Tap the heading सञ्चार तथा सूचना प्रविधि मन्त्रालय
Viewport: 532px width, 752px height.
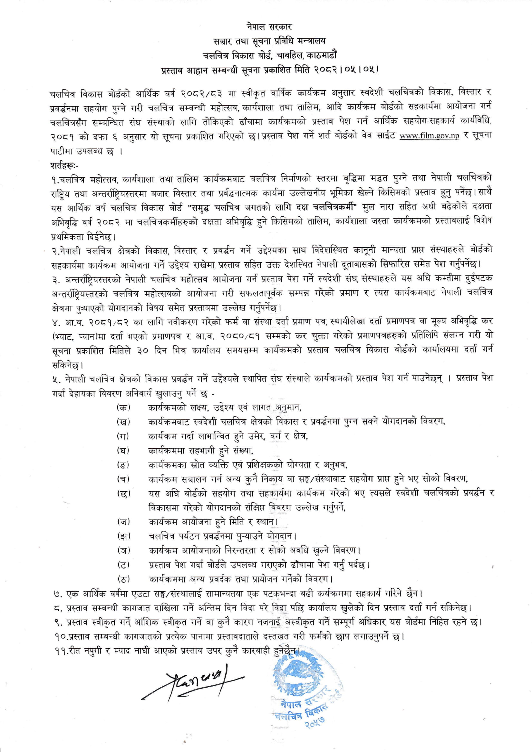(x=266, y=41)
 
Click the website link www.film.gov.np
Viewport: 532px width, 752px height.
(x=429, y=136)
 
